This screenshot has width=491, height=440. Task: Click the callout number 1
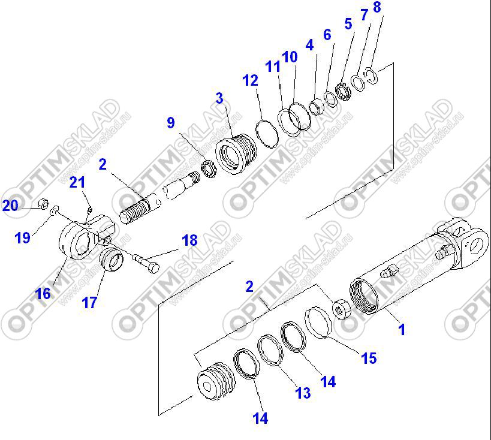pos(402,330)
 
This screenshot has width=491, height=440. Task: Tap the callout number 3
pos(219,98)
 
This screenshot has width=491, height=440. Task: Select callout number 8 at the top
pos(377,7)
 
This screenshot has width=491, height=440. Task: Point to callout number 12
pos(250,80)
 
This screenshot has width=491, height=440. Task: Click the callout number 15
pos(369,358)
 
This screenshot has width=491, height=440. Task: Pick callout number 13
pos(303,393)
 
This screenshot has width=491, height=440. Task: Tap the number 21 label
pos(77,182)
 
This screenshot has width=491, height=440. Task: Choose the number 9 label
pos(171,122)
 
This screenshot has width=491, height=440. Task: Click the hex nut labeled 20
pos(43,204)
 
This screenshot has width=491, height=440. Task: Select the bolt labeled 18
pos(146,263)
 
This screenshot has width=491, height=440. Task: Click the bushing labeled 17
pos(112,259)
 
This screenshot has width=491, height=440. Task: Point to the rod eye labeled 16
pos(86,236)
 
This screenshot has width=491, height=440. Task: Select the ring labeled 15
pos(318,323)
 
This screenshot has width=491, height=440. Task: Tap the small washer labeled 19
pos(55,210)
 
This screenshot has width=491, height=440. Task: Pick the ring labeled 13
pos(270,350)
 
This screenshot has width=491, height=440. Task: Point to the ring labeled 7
pos(358,82)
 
